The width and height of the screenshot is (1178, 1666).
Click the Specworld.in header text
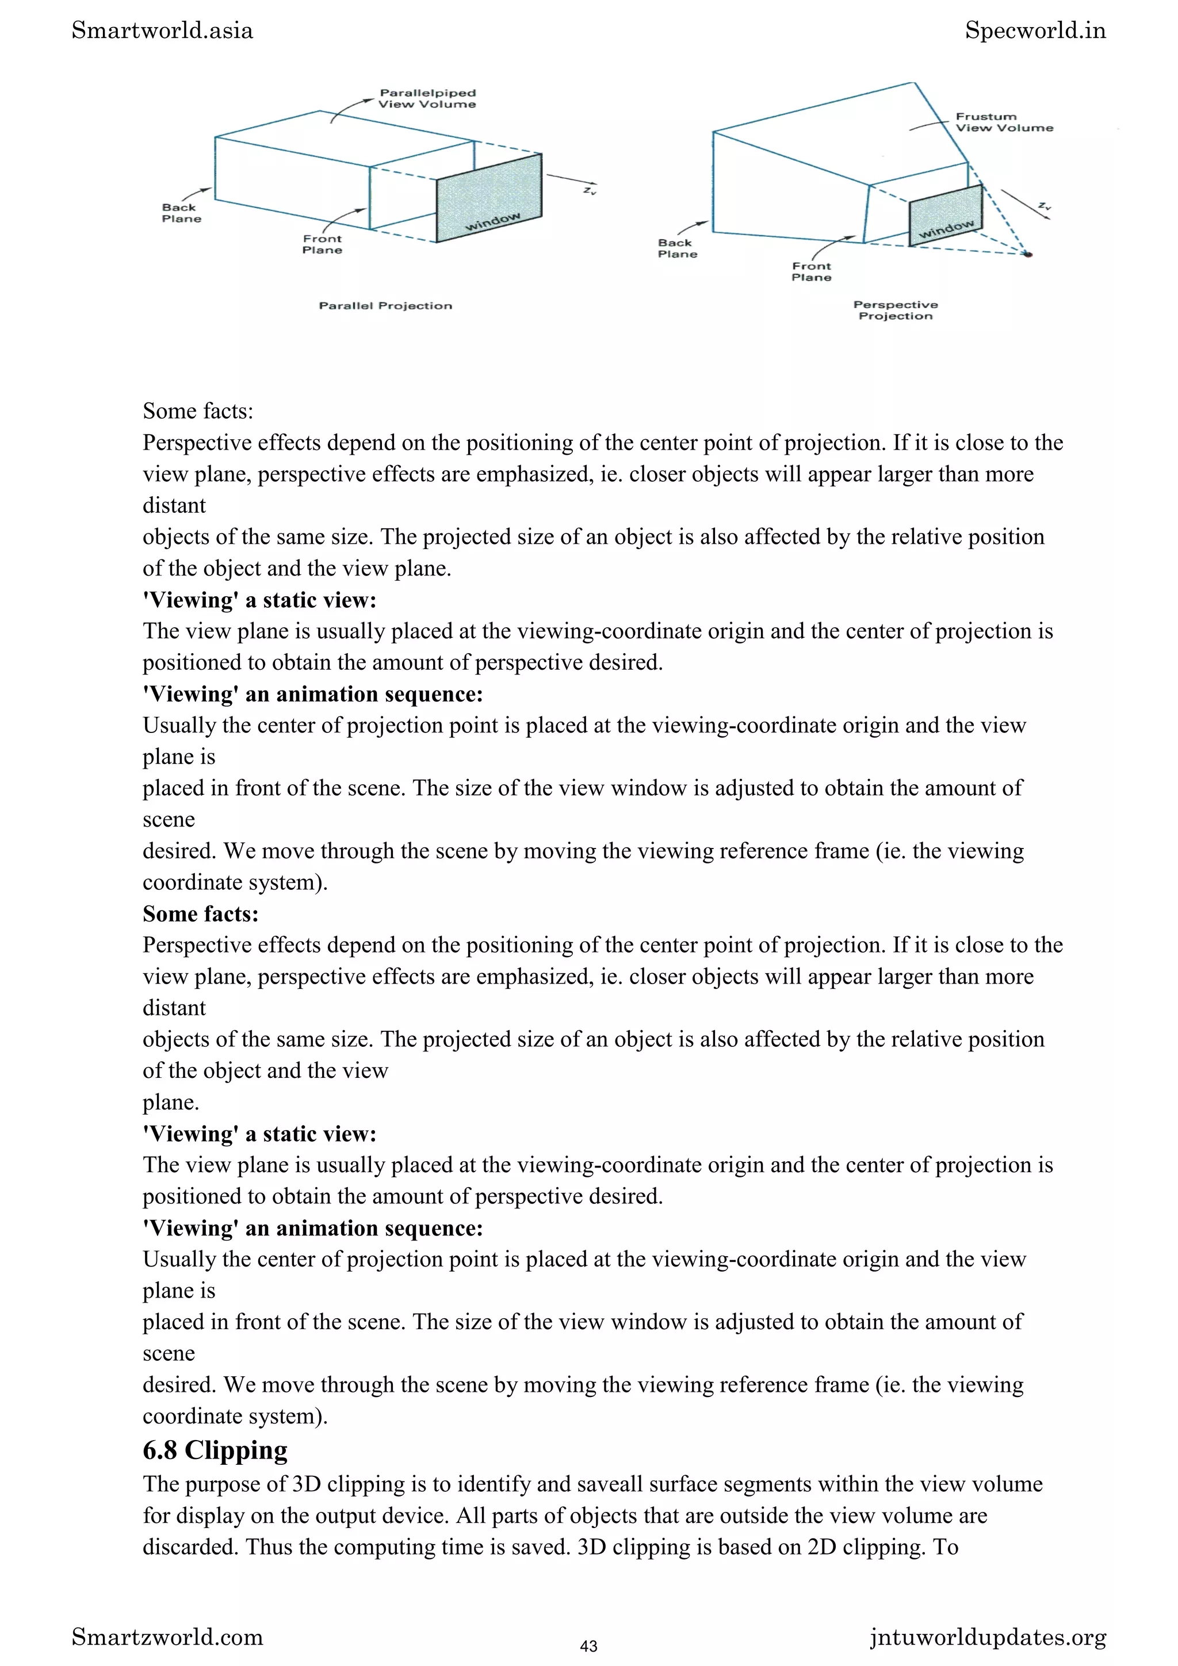[1035, 30]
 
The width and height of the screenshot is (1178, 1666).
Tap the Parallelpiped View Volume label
[427, 99]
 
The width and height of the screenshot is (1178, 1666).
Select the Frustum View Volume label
[1003, 122]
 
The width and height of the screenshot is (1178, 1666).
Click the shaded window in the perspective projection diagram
[945, 216]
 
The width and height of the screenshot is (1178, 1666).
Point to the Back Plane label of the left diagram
[181, 213]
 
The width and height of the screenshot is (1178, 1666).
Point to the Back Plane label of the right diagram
[677, 248]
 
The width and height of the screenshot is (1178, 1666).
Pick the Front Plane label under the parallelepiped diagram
[322, 244]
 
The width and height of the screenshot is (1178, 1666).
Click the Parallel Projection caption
[385, 305]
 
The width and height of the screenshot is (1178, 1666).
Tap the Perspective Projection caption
[895, 310]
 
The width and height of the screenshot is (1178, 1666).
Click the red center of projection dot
[1028, 254]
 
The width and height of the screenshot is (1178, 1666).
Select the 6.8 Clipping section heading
[215, 1450]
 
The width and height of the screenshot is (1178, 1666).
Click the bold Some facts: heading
[200, 913]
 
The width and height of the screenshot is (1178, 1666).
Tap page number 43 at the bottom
[588, 1646]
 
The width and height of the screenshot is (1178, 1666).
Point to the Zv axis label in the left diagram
[590, 190]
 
